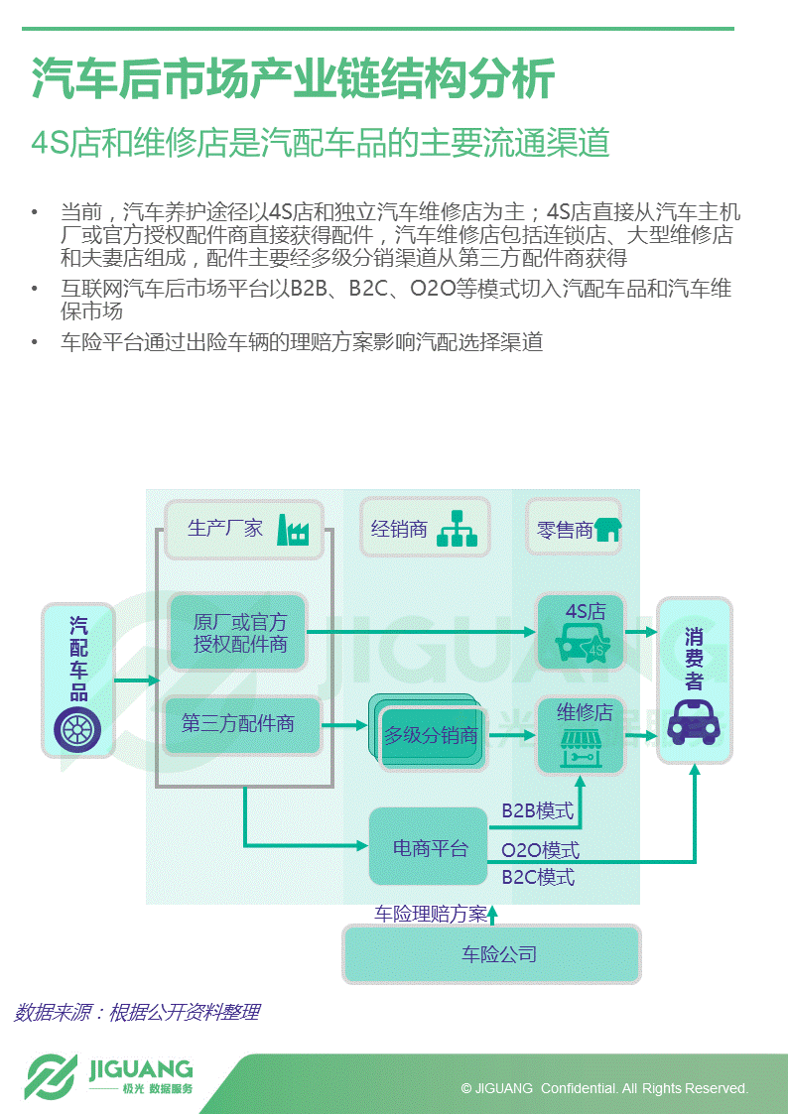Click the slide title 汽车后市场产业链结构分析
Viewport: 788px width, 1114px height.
293,79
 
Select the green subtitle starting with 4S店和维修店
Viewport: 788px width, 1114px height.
320,144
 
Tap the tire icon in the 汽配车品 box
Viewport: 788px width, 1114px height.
78,730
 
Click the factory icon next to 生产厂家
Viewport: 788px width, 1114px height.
294,531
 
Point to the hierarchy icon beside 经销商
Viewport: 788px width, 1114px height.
458,529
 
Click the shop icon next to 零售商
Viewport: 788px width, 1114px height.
606,531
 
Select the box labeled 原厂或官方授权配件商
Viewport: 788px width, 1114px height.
238,633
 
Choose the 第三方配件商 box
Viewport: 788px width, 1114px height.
238,724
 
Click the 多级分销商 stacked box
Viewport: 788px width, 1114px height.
431,736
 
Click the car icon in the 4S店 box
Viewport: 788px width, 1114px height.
582,648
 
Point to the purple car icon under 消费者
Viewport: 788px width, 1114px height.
694,723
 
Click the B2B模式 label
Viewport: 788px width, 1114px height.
537,811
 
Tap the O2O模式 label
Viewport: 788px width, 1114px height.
540,851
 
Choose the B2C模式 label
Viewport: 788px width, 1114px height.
537,878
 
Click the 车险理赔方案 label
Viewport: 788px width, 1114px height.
430,914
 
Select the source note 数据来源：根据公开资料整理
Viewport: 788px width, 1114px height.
137,1012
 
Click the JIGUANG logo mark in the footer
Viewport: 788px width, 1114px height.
51,1077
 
